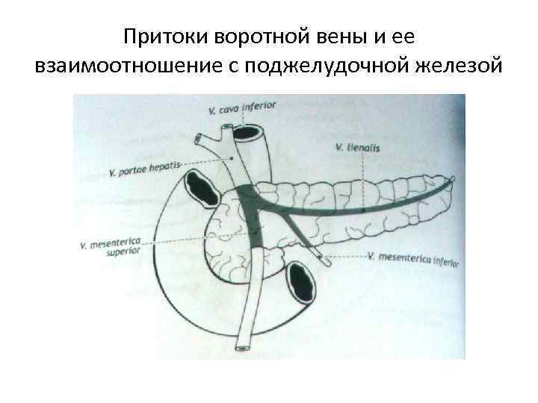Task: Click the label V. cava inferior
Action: tap(243, 108)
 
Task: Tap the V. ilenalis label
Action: tap(359, 148)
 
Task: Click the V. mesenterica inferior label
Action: tap(413, 258)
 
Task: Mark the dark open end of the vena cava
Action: tap(246, 135)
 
